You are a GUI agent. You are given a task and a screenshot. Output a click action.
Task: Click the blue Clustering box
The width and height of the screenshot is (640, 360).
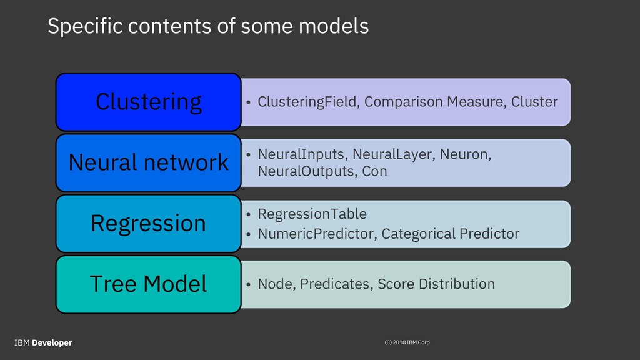click(149, 102)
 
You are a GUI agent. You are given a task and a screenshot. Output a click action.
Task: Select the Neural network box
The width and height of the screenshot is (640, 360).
click(149, 163)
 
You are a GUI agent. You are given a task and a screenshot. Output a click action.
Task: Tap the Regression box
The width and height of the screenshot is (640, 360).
click(149, 224)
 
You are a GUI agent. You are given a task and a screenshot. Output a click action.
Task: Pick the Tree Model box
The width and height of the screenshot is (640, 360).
click(149, 284)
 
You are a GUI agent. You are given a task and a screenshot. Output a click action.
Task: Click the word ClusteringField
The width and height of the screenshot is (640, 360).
click(309, 102)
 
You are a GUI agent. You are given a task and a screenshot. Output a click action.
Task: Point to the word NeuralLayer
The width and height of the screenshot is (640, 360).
click(394, 154)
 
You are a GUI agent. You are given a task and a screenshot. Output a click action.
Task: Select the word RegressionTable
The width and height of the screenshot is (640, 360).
click(312, 214)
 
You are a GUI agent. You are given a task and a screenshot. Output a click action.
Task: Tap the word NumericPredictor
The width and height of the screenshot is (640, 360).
click(317, 234)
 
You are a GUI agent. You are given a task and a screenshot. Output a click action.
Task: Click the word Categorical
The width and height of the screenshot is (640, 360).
click(418, 234)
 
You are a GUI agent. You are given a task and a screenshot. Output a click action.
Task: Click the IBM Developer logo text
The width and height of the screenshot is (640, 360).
click(43, 343)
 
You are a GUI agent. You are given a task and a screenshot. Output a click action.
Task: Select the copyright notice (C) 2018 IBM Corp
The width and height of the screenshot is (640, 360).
click(407, 342)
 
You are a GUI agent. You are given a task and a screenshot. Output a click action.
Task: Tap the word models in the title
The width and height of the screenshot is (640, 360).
click(334, 26)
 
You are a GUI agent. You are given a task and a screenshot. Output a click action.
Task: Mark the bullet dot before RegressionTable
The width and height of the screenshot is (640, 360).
click(248, 214)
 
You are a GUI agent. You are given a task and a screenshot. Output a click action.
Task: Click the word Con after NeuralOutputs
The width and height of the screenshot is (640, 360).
click(375, 171)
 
